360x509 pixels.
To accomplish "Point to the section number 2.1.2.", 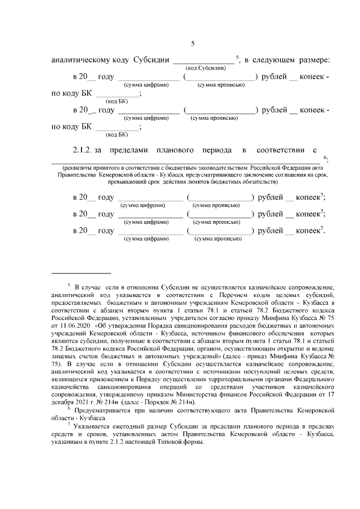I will point(83,151).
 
